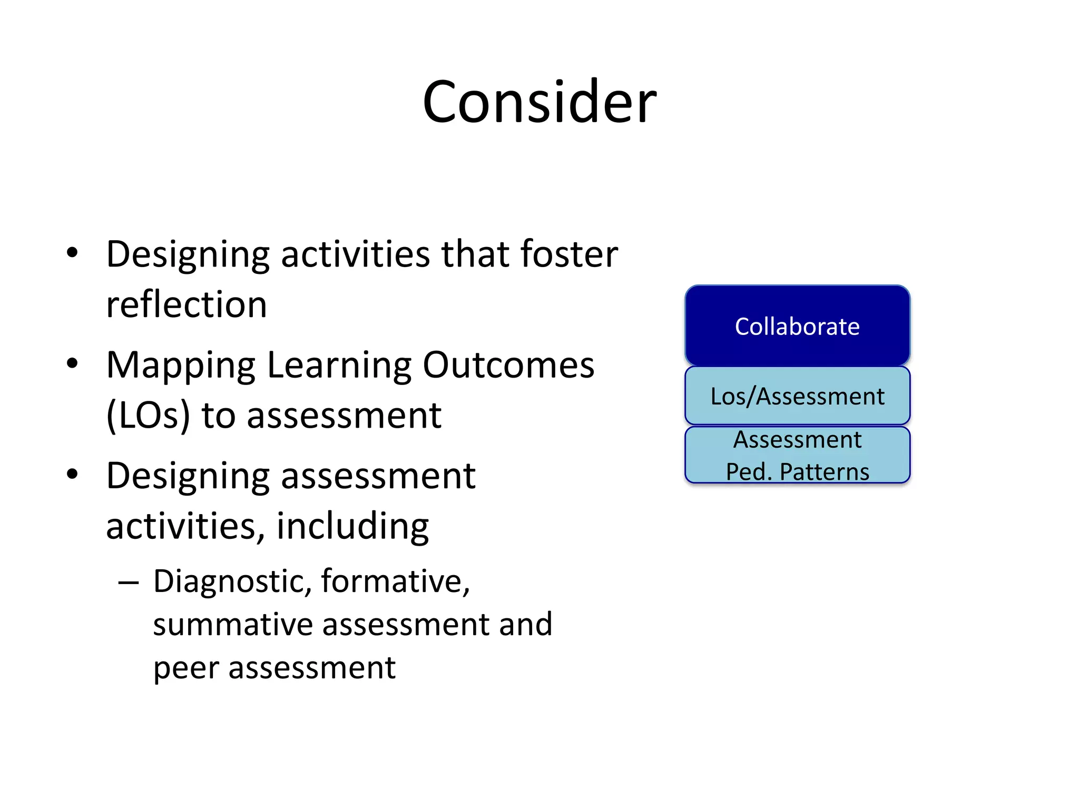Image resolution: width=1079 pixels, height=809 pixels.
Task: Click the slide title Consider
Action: point(539,102)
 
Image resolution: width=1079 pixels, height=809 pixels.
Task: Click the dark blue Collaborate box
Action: point(797,326)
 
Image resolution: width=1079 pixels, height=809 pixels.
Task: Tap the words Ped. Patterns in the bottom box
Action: point(797,471)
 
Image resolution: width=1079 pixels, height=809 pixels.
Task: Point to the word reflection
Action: point(187,304)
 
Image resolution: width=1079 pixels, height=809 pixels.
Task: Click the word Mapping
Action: point(181,366)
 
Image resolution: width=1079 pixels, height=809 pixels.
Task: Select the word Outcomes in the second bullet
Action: point(508,364)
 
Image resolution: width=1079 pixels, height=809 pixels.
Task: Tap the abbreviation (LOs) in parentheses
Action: point(148,416)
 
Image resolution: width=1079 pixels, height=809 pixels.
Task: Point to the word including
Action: point(352,526)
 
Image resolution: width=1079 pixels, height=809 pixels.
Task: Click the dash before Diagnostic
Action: point(129,583)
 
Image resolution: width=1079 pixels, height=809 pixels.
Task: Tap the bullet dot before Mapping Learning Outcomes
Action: point(72,363)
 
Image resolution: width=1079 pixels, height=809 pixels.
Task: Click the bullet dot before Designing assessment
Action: point(72,473)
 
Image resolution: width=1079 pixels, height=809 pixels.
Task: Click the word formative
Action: point(395,581)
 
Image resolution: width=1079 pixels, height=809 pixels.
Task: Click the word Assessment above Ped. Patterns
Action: point(797,439)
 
